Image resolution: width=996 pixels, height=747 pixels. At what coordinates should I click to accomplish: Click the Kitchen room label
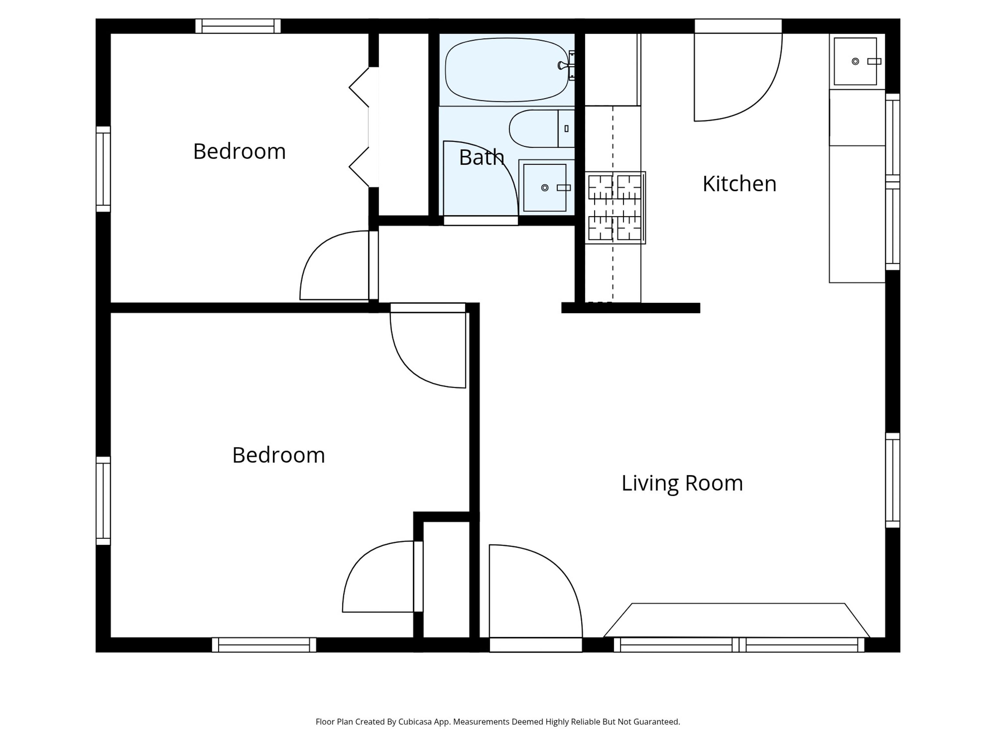coord(739,184)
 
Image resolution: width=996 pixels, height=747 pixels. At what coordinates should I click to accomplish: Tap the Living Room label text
coord(682,483)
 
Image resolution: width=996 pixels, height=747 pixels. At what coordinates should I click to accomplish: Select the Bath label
coord(481,157)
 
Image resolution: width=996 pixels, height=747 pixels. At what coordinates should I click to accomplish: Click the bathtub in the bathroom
coord(507,70)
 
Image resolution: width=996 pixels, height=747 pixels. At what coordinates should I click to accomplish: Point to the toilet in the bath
coord(542,129)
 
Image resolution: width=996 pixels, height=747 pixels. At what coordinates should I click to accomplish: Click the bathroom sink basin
coord(545,188)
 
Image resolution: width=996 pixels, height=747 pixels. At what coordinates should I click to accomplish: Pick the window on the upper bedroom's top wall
coord(238,26)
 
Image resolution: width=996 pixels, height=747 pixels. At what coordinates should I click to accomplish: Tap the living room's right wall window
coord(893,480)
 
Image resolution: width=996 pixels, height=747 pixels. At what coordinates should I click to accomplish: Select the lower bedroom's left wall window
coord(103,501)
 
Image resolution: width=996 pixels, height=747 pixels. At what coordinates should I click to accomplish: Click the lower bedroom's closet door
coord(383,577)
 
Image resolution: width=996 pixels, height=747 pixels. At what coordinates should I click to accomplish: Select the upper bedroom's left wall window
coord(103,169)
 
